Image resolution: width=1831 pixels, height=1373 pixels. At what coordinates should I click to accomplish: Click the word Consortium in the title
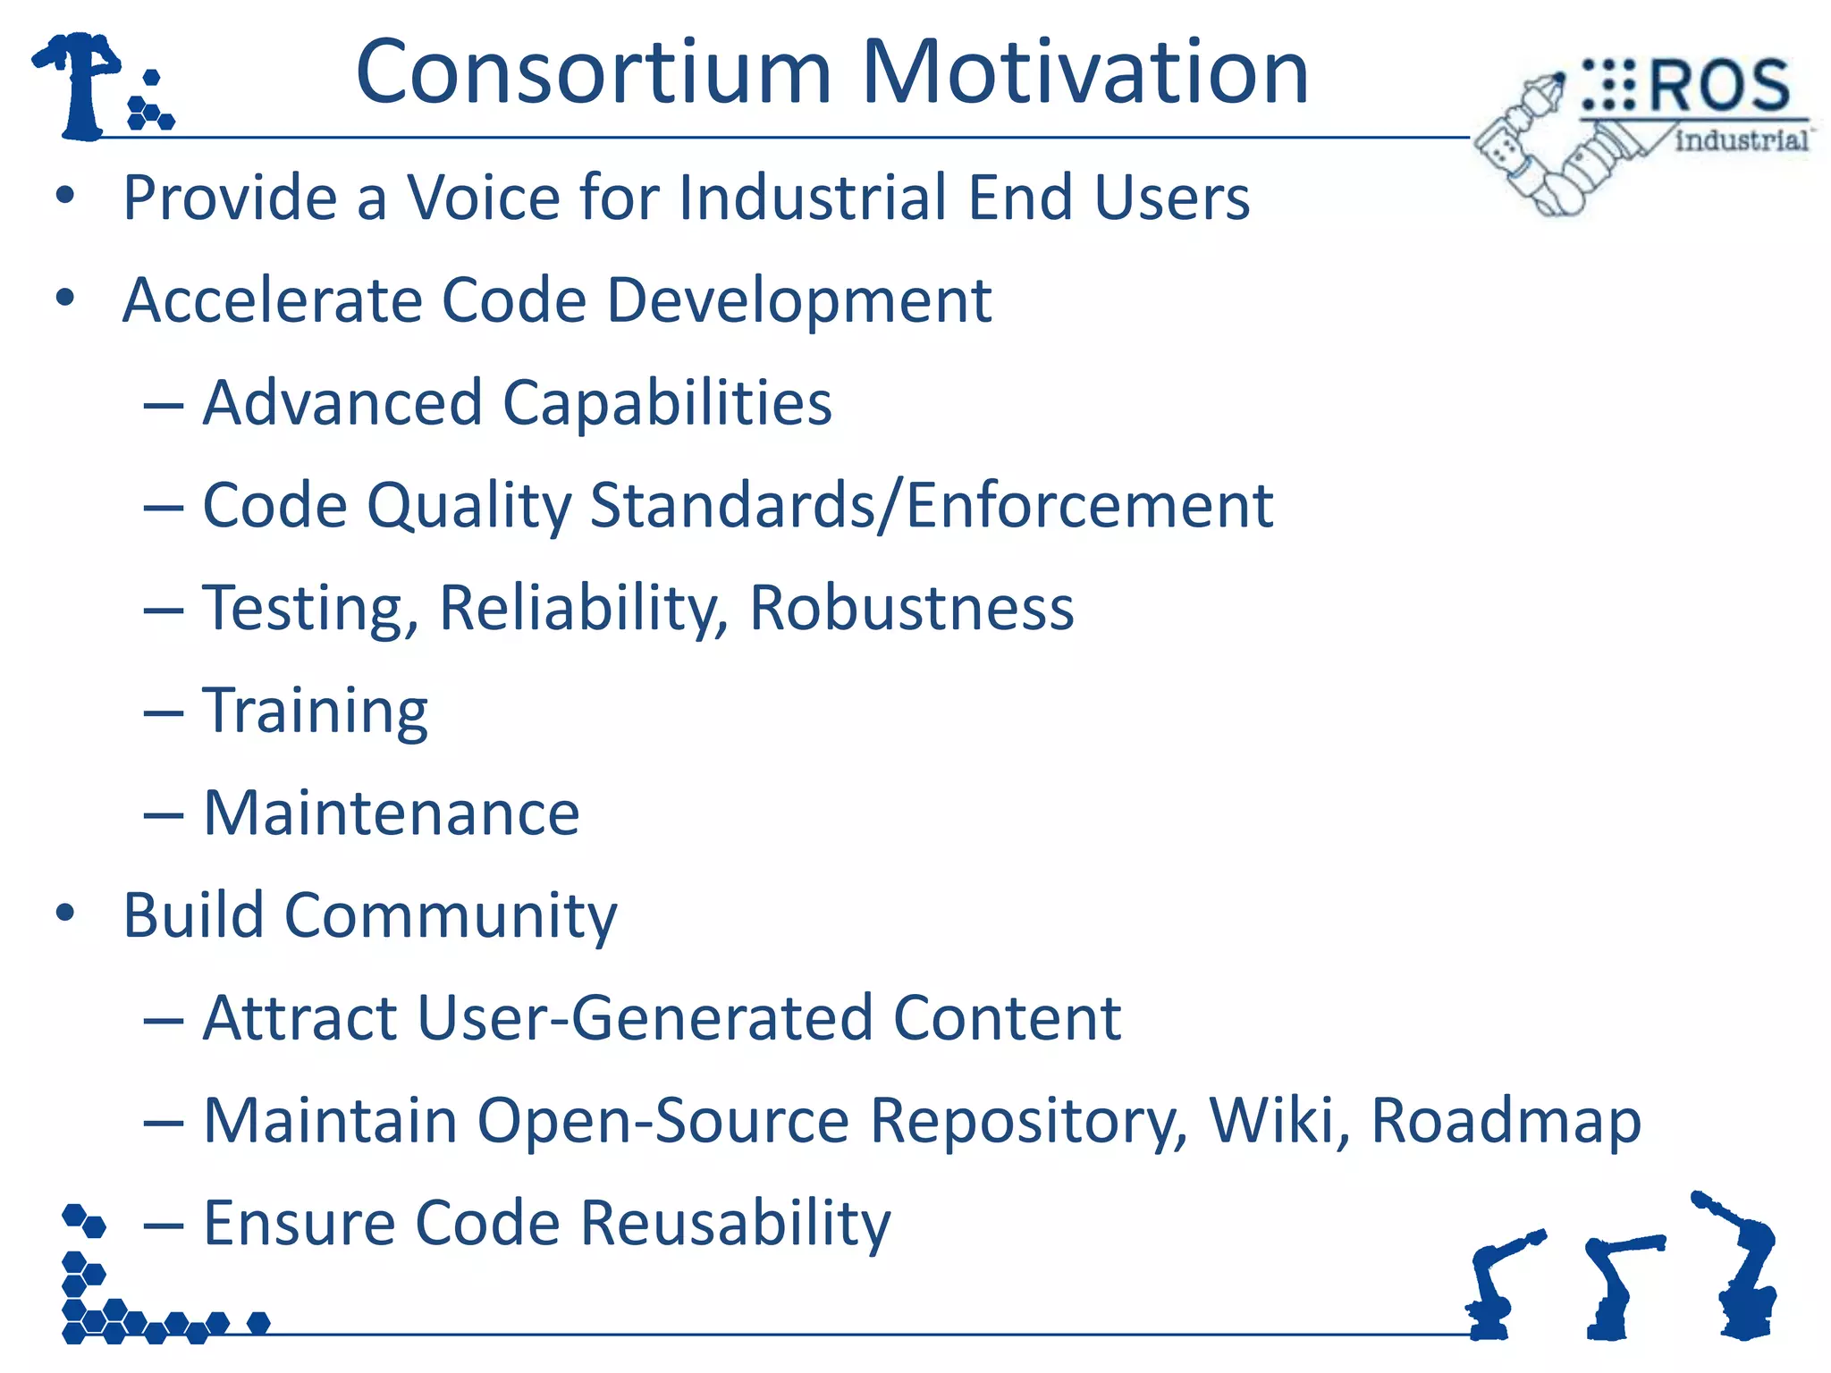coord(594,73)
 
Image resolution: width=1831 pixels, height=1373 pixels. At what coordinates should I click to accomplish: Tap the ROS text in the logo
coord(1718,87)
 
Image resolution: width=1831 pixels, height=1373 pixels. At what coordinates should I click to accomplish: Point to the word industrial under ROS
coord(1741,140)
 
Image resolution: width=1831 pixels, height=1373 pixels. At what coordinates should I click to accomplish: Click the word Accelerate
coord(271,300)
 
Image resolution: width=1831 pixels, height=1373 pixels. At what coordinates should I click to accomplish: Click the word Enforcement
coord(1090,506)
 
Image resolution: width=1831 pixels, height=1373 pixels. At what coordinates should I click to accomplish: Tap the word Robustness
coord(911,609)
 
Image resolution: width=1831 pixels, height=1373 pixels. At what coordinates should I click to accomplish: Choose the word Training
coord(316,712)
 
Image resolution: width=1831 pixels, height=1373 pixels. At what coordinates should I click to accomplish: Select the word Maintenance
coord(392,814)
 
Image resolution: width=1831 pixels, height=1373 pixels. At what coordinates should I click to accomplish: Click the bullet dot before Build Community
coord(65,914)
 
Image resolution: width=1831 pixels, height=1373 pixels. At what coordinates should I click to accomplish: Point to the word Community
coord(451,917)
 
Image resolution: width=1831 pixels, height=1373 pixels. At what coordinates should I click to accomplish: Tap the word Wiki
coord(1278,1121)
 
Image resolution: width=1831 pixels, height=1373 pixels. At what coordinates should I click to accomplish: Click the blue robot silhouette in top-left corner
coord(83,85)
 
